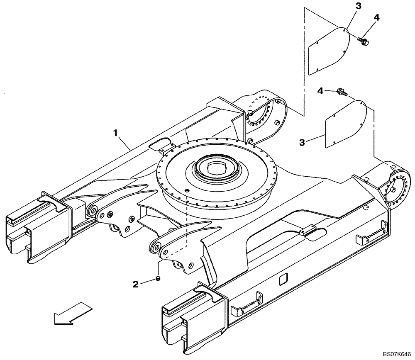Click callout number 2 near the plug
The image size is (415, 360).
(135, 284)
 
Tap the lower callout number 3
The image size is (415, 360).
(303, 142)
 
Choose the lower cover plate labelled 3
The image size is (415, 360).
(346, 124)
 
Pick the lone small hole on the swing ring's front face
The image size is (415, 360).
(186, 190)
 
